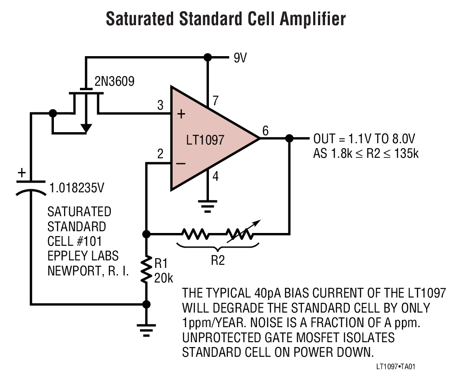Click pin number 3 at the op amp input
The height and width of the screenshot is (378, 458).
pos(160,106)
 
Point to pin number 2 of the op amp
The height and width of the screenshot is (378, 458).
pos(160,154)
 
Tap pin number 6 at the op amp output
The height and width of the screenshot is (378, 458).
pos(265,130)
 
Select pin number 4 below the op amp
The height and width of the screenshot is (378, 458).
pos(216,177)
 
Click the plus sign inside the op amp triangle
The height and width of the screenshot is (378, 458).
pos(181,115)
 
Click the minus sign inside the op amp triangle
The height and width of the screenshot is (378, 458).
pos(181,164)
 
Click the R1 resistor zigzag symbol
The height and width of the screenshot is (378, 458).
pos(147,270)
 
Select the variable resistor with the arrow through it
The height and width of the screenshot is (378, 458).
pos(241,233)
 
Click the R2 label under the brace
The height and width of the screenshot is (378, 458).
pos(217,260)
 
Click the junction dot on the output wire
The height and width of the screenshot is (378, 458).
pos(289,138)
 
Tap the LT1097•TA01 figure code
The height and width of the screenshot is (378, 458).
pos(396,367)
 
